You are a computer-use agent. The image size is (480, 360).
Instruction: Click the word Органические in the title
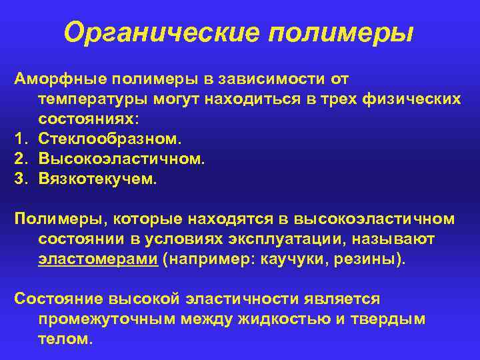pos(167,32)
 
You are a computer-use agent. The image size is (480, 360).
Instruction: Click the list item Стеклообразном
pos(109,140)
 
